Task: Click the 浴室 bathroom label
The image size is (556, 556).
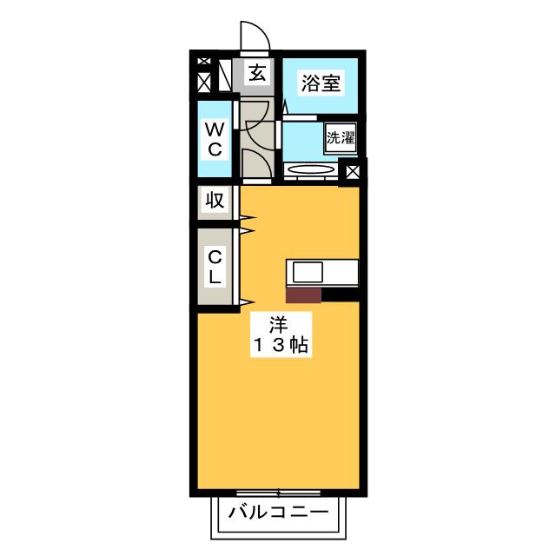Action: tap(321, 83)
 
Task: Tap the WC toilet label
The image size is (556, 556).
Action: tap(215, 140)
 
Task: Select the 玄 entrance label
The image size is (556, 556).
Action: tap(257, 74)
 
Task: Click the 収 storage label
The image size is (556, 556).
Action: tap(215, 202)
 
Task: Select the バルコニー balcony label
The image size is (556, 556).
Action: tap(278, 512)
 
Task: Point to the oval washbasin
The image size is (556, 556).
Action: tap(310, 170)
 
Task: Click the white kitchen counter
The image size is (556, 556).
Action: tap(321, 272)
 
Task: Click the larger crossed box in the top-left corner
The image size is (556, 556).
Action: tap(204, 83)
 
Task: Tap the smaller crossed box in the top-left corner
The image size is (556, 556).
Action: tap(204, 61)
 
